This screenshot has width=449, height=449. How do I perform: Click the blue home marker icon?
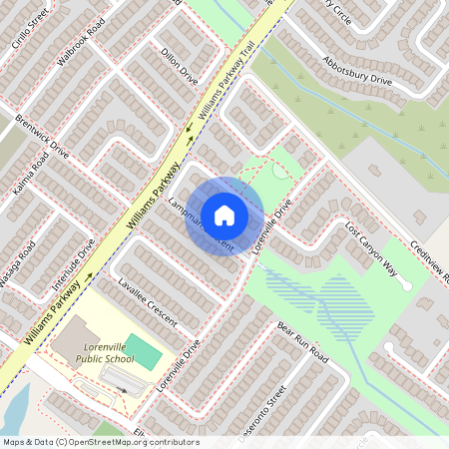[224, 216]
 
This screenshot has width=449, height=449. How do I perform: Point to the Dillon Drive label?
[180, 68]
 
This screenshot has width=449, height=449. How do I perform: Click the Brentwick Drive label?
[42, 137]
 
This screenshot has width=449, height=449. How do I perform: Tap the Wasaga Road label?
[17, 263]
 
